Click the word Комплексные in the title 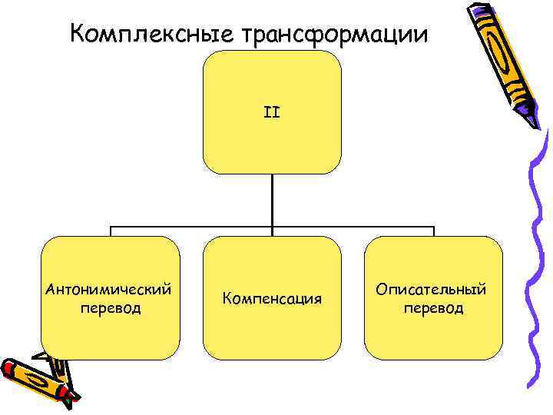click(x=151, y=35)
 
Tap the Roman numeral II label click(x=272, y=112)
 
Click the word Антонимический click(x=109, y=290)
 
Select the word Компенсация click(x=271, y=297)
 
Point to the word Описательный click(x=432, y=290)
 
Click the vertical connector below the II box click(x=272, y=200)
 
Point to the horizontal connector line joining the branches click(x=192, y=227)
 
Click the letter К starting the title click(x=75, y=35)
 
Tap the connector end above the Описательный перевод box click(x=433, y=231)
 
